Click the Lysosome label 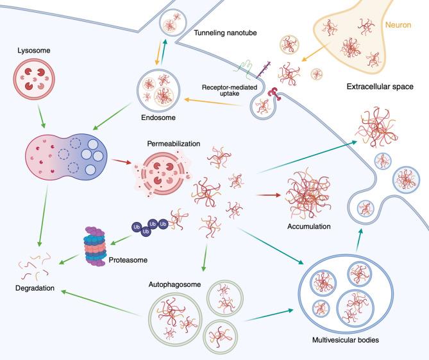coord(33,49)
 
